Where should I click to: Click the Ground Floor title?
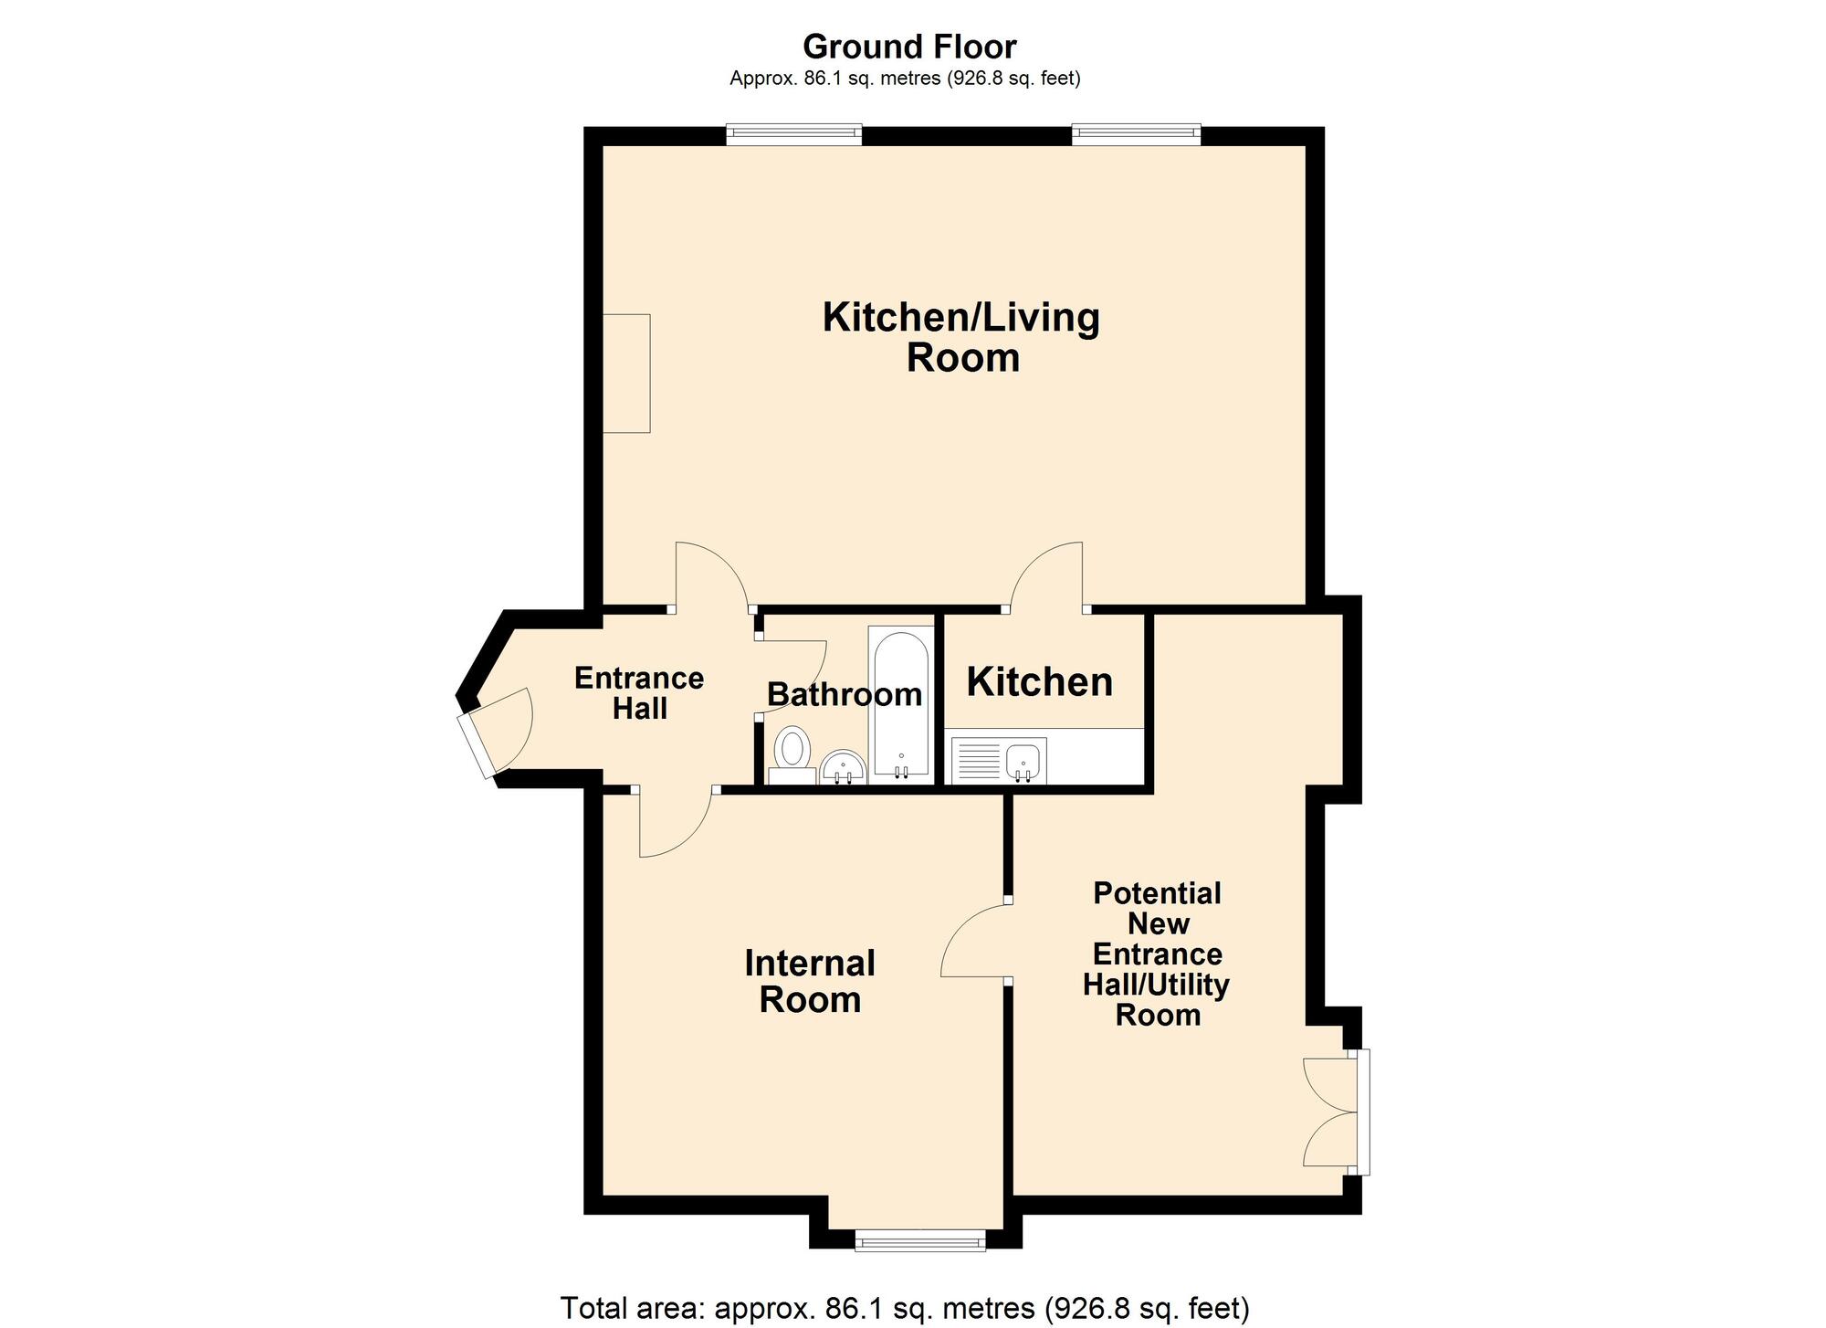[x=909, y=46]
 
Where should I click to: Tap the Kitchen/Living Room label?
[x=961, y=337]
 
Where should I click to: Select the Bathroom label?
[x=844, y=694]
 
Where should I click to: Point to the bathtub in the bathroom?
[x=901, y=704]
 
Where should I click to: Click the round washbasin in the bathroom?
[x=844, y=767]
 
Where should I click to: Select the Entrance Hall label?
[x=639, y=693]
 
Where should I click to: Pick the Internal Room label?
[x=810, y=981]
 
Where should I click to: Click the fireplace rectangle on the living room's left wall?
[x=626, y=373]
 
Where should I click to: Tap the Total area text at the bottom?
[x=904, y=1308]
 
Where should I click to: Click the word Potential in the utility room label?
[x=1157, y=892]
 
